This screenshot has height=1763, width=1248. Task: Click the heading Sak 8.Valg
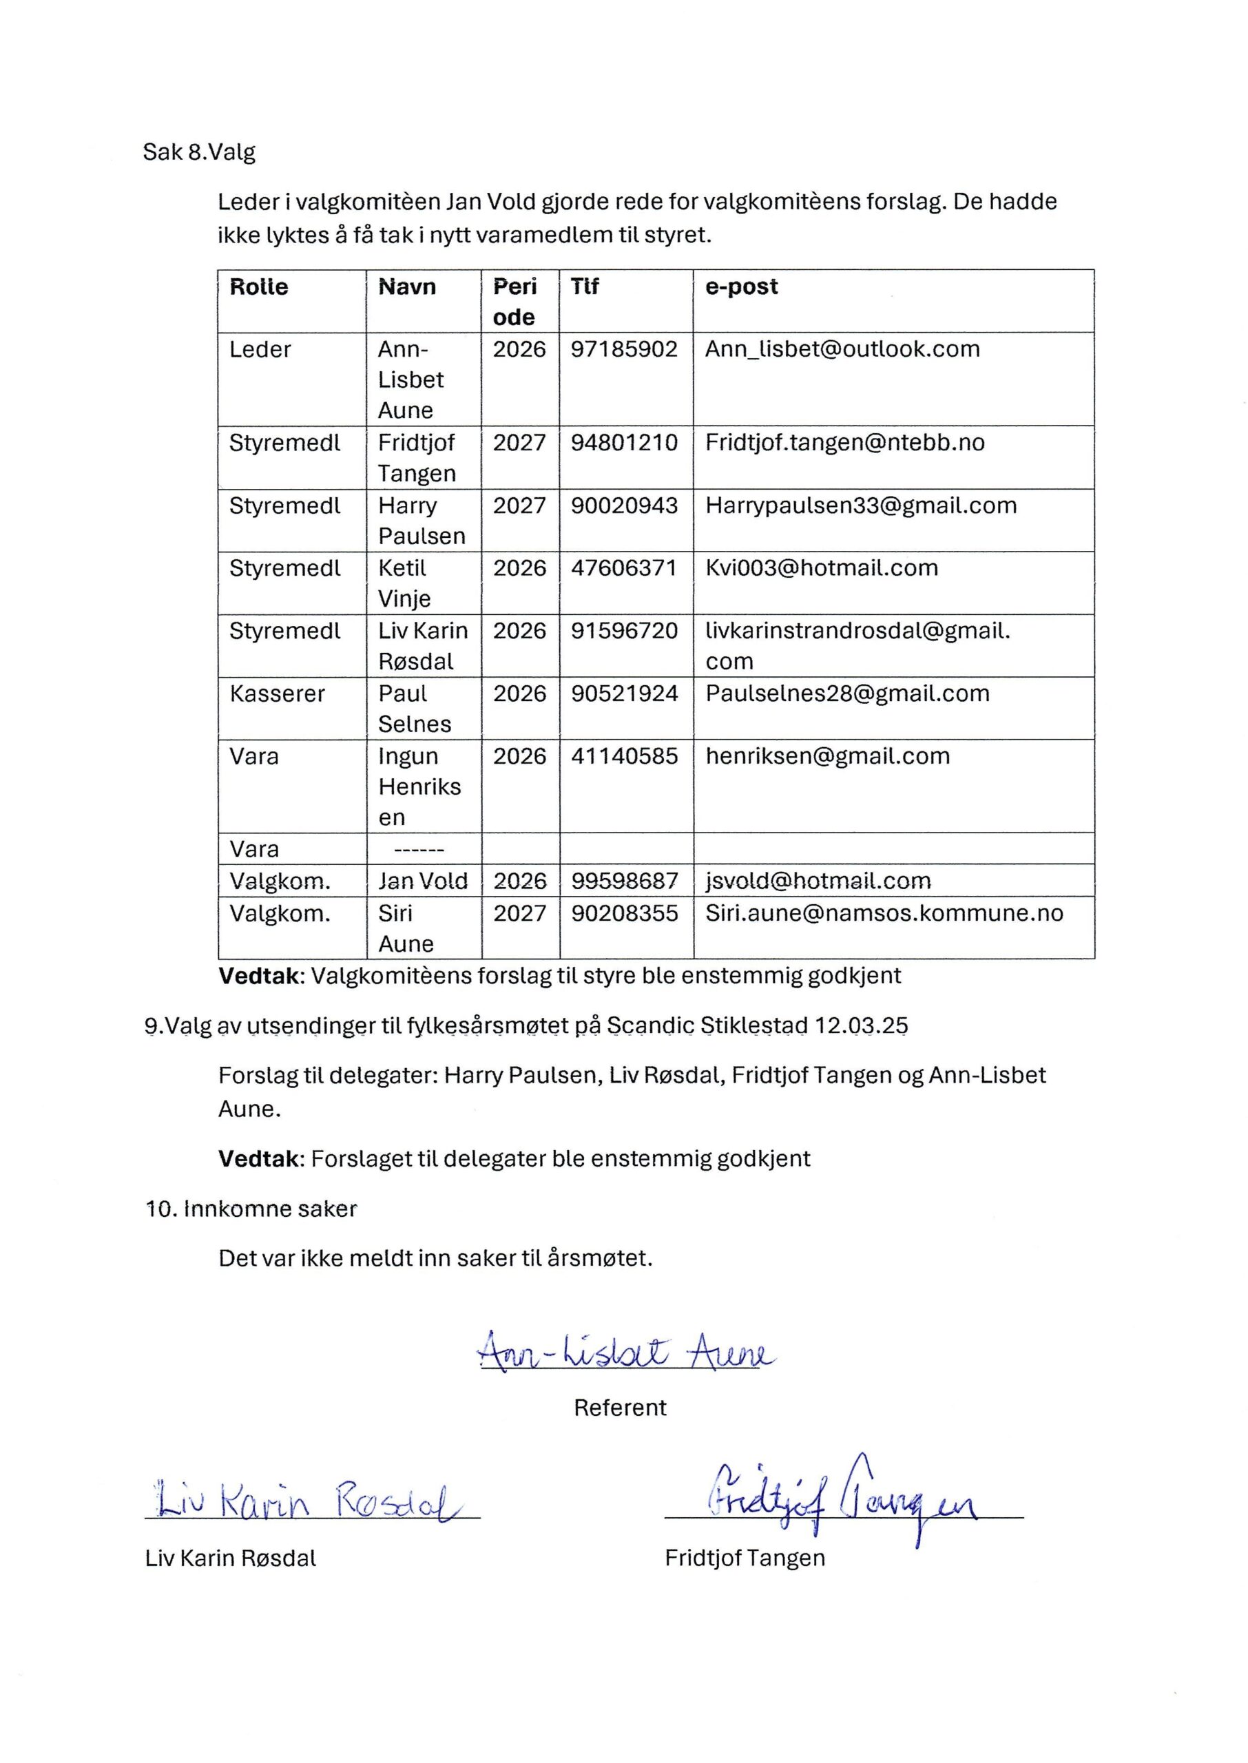199,152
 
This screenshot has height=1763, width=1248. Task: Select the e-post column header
741,286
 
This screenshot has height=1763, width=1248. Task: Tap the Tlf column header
584,286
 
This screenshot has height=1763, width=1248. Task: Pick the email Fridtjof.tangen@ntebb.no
844,443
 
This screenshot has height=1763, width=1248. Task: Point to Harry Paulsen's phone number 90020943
624,505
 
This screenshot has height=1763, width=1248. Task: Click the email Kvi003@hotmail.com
822,567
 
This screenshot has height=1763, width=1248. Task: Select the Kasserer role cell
277,693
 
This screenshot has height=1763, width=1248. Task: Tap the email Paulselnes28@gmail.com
847,693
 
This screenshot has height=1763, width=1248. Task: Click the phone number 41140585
624,756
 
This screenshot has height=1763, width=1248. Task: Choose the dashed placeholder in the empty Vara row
419,850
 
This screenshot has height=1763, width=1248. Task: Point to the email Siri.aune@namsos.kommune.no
884,913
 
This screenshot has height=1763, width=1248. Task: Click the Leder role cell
260,350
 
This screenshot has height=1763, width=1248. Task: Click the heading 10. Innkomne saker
251,1209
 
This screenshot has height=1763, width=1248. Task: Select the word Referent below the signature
620,1408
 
